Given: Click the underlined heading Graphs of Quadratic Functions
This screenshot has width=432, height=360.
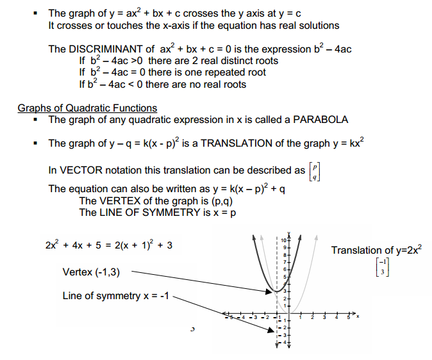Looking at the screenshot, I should (87, 108).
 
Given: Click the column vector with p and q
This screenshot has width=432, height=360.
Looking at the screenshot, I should (315, 171).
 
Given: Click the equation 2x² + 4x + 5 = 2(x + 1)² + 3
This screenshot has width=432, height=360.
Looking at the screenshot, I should (109, 245).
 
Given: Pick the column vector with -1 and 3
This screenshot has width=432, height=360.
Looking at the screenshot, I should (383, 268).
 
